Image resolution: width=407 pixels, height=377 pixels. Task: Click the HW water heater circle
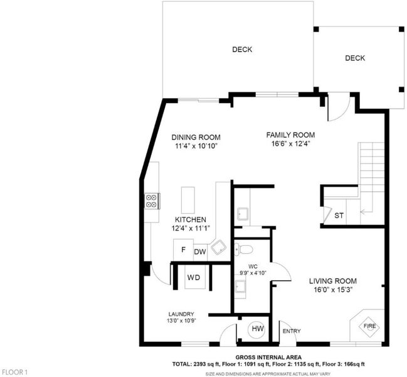pos(258,329)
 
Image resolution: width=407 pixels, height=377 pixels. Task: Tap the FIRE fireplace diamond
pos(369,326)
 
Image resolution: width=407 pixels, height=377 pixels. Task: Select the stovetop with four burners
pos(152,200)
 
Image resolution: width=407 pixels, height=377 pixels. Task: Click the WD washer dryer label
pos(194,278)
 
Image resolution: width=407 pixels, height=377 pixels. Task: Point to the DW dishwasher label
pos(200,252)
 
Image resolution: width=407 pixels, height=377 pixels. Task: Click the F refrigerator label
pos(183,249)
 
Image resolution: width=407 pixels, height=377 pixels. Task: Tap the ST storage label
pos(339,216)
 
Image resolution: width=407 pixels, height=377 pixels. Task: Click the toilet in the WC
pos(243,249)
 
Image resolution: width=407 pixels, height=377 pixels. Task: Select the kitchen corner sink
pos(218,247)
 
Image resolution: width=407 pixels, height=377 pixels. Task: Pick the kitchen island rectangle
pos(188,200)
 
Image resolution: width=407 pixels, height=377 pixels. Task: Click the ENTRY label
pos(292,331)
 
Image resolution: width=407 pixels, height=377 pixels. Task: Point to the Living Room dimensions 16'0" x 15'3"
pos(333,290)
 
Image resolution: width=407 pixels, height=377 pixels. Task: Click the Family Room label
pos(290,135)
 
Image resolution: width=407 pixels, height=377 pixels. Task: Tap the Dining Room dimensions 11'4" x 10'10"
pos(196,146)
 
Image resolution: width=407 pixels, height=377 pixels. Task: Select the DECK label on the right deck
pos(355,58)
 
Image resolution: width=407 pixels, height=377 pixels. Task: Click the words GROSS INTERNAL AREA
pos(268,358)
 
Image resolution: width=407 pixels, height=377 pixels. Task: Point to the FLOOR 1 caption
pos(14,372)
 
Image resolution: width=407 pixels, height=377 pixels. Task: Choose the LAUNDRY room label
pos(181,314)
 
